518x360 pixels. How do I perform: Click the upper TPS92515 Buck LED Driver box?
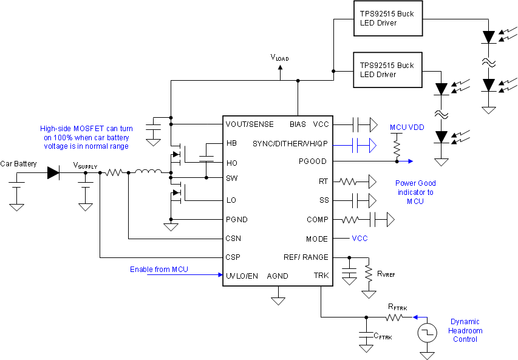coord(387,18)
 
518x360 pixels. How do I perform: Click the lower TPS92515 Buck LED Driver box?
coord(387,70)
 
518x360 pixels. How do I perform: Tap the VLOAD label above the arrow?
coord(279,58)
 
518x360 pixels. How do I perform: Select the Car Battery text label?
coord(18,164)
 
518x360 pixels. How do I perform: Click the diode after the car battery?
coord(53,173)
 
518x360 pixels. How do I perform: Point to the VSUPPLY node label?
coord(85,165)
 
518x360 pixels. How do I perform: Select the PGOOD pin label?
coord(313,161)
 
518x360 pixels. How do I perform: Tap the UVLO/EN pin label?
coord(242,276)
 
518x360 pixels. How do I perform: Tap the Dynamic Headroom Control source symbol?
coord(428,332)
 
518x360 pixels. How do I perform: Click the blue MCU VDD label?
coord(407,127)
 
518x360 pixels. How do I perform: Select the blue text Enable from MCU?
coord(159,269)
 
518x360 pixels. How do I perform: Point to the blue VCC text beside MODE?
coord(360,239)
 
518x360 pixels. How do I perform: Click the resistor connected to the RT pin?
coord(350,181)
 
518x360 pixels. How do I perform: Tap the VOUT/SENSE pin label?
coord(250,124)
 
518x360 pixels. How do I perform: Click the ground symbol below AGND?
coord(279,299)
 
